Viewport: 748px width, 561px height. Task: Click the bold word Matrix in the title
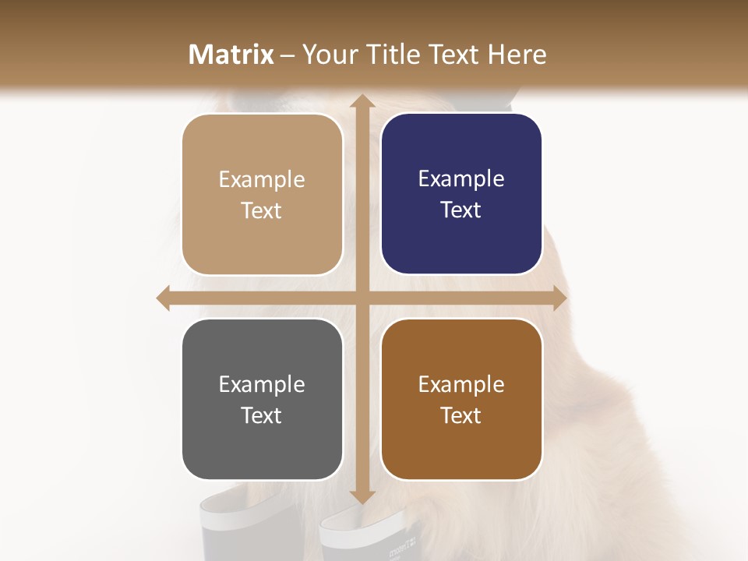(x=231, y=55)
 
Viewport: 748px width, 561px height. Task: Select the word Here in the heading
(x=517, y=55)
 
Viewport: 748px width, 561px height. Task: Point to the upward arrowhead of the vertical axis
(x=362, y=101)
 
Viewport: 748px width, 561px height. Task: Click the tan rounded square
(x=262, y=195)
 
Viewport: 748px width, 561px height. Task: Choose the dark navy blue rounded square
(x=461, y=194)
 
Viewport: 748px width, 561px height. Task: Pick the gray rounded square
(x=262, y=400)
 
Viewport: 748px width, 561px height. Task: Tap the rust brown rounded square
(x=461, y=400)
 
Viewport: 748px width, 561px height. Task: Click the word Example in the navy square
(x=461, y=179)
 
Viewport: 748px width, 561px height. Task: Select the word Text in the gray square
(x=262, y=415)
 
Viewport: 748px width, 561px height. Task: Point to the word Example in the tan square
(x=262, y=180)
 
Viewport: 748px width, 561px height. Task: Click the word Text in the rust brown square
(x=461, y=415)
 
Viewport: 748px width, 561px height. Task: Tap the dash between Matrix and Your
(x=288, y=55)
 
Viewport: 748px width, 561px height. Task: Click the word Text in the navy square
(x=461, y=210)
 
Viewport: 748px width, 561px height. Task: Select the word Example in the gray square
(x=262, y=385)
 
